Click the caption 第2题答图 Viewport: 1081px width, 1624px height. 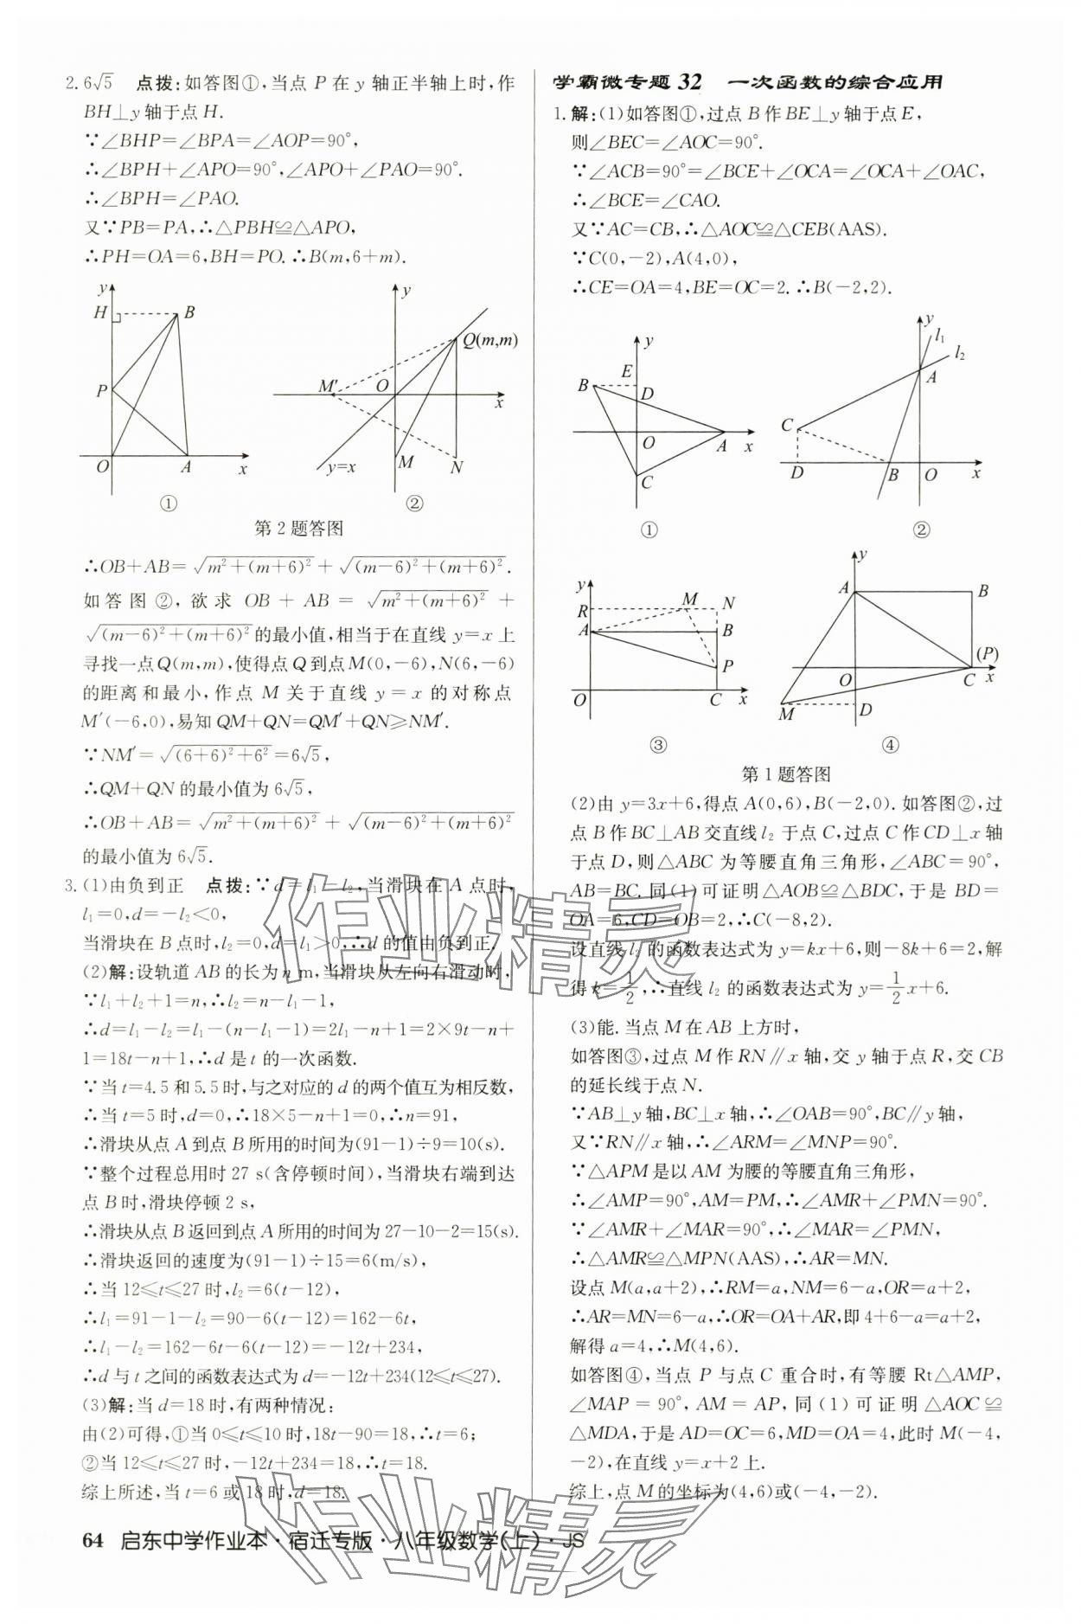point(299,528)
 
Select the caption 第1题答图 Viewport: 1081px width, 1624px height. point(787,773)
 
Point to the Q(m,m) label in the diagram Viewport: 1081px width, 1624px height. point(490,340)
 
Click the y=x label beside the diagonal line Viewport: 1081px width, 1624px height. point(342,467)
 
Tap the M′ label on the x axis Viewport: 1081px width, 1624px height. point(328,386)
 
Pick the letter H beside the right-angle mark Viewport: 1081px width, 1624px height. point(99,313)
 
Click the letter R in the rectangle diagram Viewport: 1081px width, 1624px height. point(583,612)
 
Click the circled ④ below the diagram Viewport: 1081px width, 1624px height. point(890,745)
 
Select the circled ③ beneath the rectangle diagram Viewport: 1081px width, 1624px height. point(658,745)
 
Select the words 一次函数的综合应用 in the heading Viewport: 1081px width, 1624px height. point(835,83)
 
